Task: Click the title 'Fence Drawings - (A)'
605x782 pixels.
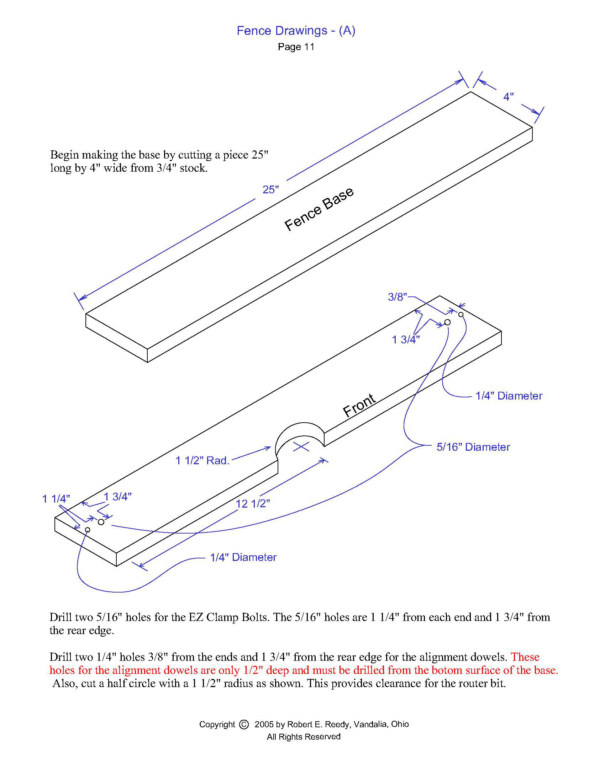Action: [x=296, y=31]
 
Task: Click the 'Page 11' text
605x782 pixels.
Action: [x=296, y=47]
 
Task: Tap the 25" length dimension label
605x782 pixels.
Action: [x=270, y=189]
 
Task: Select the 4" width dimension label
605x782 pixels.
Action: [x=508, y=97]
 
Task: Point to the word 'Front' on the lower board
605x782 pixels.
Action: [x=359, y=405]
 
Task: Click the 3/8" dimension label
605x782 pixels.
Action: [x=398, y=297]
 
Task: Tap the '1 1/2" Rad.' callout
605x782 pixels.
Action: [x=202, y=460]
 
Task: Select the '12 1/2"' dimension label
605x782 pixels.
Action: [x=253, y=504]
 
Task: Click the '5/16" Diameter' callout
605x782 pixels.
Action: [x=473, y=447]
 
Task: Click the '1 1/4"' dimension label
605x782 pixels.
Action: [x=56, y=499]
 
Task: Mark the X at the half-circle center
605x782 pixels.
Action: [x=301, y=446]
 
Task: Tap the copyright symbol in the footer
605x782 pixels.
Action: [x=244, y=724]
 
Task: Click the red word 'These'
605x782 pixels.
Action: [x=525, y=657]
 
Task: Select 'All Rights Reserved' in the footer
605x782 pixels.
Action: [x=304, y=737]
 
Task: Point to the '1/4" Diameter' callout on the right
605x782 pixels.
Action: [x=509, y=396]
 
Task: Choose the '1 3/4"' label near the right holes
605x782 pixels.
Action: [x=406, y=339]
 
